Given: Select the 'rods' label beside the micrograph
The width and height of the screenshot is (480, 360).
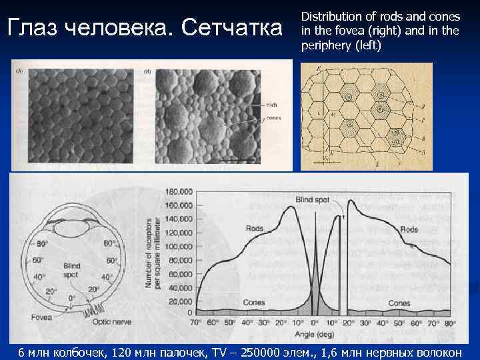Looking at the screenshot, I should (272, 105).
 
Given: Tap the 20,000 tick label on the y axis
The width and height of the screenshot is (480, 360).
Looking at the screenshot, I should (181, 301).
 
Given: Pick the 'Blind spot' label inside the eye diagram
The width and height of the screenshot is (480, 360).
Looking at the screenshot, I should (72, 270).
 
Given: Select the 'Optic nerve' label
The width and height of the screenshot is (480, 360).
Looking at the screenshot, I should (112, 321).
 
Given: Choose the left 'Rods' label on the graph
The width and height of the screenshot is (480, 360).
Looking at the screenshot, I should (255, 228).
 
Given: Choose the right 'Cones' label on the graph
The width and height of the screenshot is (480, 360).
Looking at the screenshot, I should (399, 303).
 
